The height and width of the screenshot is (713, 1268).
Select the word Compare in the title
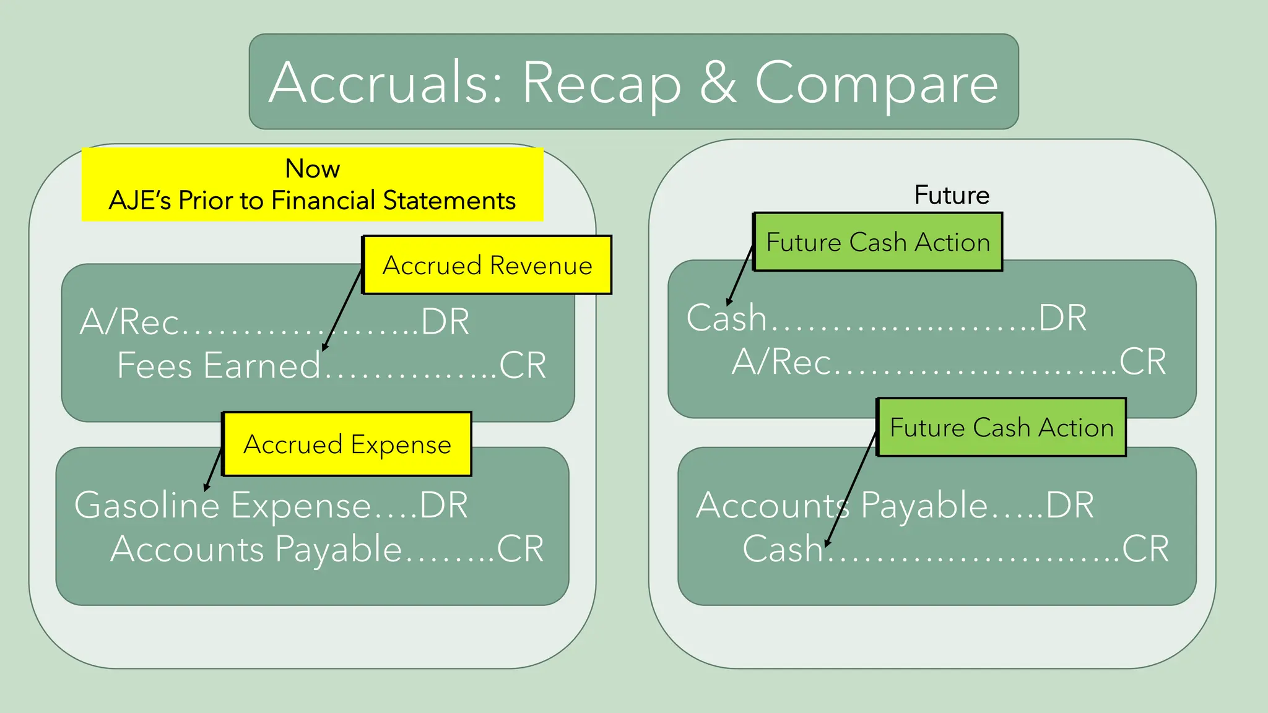(x=877, y=84)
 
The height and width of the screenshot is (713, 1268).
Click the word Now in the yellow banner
(x=312, y=168)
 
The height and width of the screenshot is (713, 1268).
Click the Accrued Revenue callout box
(x=487, y=265)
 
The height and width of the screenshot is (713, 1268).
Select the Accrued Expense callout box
(x=347, y=444)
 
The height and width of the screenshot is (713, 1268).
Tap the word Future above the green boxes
(x=952, y=195)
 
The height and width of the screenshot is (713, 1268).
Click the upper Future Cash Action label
(x=878, y=242)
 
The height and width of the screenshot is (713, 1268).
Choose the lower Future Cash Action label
(x=1001, y=428)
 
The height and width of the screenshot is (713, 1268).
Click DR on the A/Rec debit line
(x=445, y=322)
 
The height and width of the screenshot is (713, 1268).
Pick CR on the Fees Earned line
(x=523, y=365)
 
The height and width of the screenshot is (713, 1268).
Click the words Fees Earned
(x=219, y=365)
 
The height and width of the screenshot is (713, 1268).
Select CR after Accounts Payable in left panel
(x=520, y=549)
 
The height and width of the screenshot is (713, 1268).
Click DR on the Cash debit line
(x=1062, y=318)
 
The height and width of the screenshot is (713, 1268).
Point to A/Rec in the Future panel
(x=781, y=361)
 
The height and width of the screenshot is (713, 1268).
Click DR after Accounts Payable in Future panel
(x=1070, y=505)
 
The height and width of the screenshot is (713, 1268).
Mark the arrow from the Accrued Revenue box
(x=342, y=309)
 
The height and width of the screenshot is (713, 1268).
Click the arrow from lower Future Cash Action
(x=851, y=489)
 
